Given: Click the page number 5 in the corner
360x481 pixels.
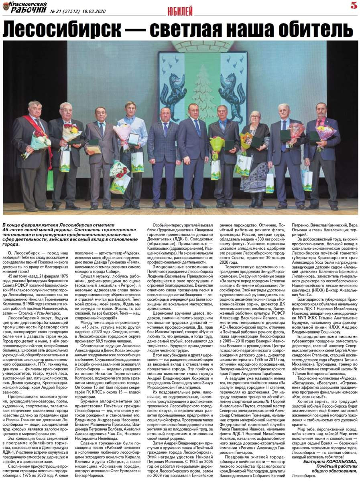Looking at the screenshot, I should point(354,6).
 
